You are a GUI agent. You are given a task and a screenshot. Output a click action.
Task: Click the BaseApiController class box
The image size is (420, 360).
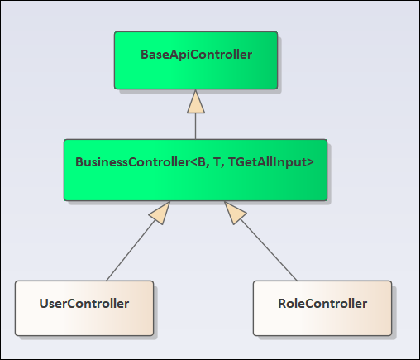click(x=196, y=60)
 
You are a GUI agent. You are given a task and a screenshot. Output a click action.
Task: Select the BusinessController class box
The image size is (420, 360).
click(x=195, y=170)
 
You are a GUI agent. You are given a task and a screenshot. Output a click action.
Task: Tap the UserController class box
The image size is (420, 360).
click(x=84, y=308)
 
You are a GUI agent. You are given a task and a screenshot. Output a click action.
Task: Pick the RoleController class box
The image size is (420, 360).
click(x=322, y=308)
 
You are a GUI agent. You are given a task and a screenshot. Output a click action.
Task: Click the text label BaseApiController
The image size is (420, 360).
click(x=196, y=55)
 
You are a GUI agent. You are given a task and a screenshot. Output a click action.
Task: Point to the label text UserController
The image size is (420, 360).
click(x=84, y=304)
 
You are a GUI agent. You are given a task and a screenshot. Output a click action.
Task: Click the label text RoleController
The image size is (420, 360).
click(x=322, y=304)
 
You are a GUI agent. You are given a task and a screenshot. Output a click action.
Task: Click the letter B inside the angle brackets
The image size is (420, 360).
click(x=202, y=162)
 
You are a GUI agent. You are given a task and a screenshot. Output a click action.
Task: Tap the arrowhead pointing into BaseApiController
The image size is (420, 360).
click(x=196, y=102)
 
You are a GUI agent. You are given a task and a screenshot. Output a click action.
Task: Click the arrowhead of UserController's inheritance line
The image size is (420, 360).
click(x=160, y=212)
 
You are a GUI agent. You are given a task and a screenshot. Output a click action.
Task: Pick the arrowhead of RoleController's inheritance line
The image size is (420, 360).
click(x=235, y=212)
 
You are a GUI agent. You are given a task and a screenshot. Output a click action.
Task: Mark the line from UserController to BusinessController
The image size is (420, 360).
click(x=131, y=250)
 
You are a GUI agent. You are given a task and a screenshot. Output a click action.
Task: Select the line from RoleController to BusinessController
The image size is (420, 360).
click(x=269, y=250)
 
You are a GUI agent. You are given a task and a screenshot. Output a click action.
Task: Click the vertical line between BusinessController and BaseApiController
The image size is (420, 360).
click(x=196, y=126)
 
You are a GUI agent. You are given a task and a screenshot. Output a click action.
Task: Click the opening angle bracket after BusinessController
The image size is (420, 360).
click(x=193, y=162)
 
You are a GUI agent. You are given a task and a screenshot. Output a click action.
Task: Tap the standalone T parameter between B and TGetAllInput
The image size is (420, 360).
click(x=217, y=162)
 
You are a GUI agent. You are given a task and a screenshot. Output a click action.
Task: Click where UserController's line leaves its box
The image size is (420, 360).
click(x=107, y=281)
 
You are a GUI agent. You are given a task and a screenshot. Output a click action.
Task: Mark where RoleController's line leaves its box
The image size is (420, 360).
click(x=297, y=281)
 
